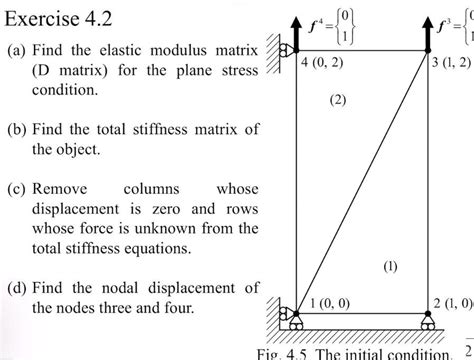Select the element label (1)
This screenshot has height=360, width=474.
tap(389, 266)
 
